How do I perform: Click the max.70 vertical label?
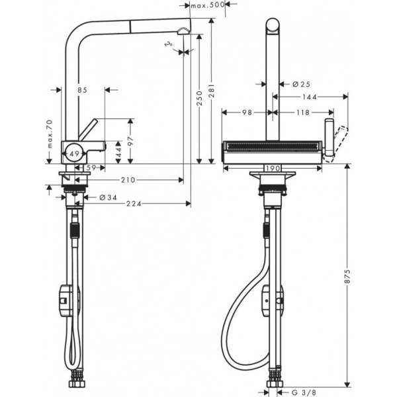point(49,135)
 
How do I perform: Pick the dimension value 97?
point(131,140)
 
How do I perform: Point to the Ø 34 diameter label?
point(108,197)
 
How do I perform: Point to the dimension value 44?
point(118,152)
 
